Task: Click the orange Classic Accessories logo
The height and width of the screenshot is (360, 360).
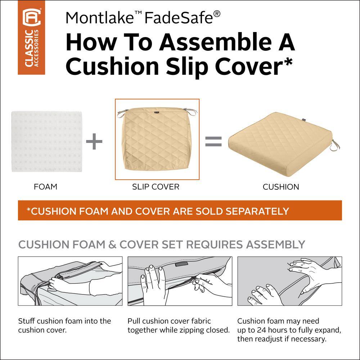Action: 31,37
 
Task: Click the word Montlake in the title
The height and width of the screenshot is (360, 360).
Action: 100,18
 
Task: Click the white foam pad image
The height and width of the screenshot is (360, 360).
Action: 46,141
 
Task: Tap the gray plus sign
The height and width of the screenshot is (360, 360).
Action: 94,141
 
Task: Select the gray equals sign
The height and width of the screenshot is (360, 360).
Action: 213,141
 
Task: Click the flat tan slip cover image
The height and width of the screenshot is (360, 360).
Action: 157,139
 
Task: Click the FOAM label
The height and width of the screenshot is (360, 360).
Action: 45,186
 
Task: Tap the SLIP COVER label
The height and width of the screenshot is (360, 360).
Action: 156,186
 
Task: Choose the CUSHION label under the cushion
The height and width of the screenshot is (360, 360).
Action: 281,186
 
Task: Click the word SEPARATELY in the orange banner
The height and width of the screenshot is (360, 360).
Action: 257,211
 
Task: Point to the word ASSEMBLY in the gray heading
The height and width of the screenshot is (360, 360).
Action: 275,244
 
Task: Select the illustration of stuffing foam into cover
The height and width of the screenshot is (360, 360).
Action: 70,281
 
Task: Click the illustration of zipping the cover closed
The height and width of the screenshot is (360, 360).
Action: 180,281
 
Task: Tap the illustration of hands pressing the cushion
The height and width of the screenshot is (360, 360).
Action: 290,281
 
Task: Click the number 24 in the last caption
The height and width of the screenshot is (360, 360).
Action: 261,330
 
